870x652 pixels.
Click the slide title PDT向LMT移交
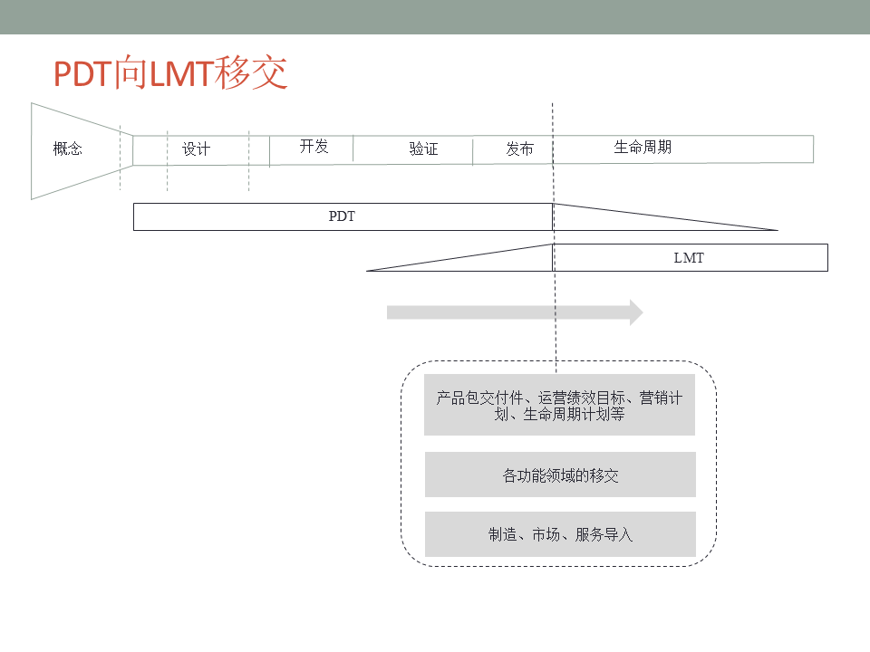[x=170, y=73]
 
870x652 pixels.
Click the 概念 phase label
[x=68, y=149]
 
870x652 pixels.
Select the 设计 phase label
[x=196, y=149]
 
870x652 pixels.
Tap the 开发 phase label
[x=314, y=146]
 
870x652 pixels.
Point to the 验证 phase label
[x=423, y=149]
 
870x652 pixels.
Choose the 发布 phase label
[x=519, y=149]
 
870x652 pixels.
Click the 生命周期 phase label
[x=643, y=147]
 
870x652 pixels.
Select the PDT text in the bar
[x=342, y=217]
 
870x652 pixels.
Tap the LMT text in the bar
[x=689, y=258]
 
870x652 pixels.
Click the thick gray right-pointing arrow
[x=507, y=312]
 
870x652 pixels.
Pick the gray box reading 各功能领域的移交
[x=560, y=475]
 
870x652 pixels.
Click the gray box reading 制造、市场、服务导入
[x=560, y=534]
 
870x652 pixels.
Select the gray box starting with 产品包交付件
[x=559, y=406]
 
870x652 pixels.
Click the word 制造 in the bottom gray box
[x=502, y=535]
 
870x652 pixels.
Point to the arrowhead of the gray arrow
[x=635, y=312]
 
